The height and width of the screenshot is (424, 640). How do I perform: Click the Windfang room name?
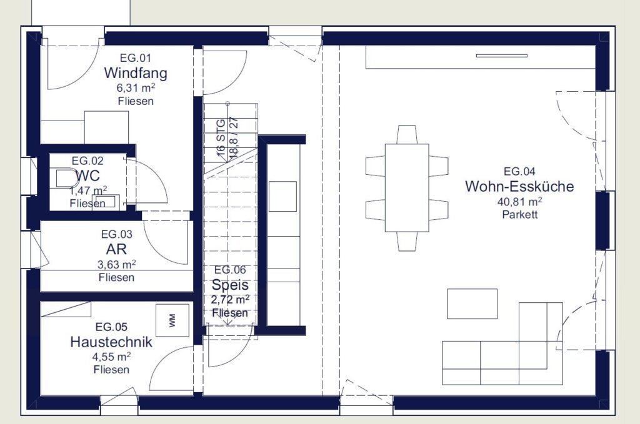[x=136, y=73]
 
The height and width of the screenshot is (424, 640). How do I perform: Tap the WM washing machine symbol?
[x=172, y=320]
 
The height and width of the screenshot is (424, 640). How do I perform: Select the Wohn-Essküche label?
[x=519, y=186]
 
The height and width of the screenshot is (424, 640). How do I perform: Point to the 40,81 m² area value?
[x=519, y=202]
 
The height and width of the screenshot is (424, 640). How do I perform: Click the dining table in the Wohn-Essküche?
[x=407, y=187]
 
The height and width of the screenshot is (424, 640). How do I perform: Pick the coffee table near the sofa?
[x=472, y=303]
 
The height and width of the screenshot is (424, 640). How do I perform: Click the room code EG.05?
[x=111, y=327]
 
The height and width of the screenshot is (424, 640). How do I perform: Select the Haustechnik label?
[x=111, y=342]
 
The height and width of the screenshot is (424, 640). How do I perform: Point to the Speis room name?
[x=230, y=285]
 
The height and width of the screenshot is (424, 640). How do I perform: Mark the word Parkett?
[x=519, y=214]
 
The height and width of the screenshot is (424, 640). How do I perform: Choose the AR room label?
[x=116, y=249]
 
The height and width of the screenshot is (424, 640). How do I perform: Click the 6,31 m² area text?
[x=136, y=87]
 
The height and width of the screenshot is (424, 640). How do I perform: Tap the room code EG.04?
[x=519, y=171]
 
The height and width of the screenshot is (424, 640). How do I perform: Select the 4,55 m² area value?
[x=111, y=357]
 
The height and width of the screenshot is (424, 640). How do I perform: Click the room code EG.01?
[x=136, y=58]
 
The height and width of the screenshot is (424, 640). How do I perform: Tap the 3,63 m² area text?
[x=116, y=265]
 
